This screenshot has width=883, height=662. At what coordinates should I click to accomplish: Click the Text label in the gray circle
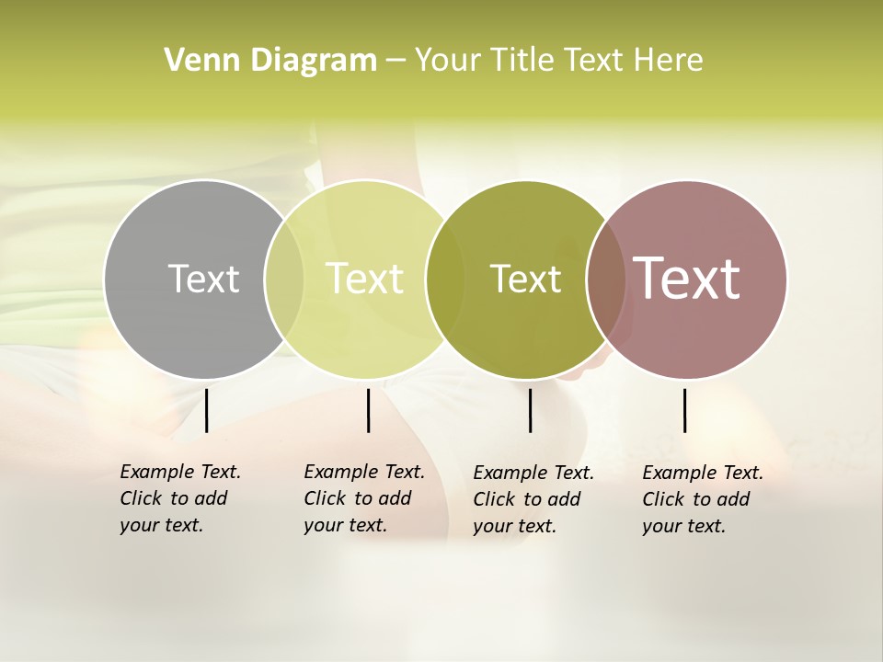click(203, 279)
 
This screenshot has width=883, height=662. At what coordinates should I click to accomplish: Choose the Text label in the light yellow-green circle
click(365, 279)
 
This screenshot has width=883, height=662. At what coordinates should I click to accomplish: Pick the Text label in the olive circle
click(525, 279)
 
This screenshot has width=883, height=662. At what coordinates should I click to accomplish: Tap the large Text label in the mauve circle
click(687, 279)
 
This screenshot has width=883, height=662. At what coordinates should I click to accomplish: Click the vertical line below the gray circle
click(206, 410)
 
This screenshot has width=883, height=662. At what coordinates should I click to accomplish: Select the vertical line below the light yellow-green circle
click(368, 410)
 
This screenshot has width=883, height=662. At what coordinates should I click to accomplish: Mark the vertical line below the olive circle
click(530, 410)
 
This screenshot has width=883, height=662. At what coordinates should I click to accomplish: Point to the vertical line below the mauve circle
click(684, 410)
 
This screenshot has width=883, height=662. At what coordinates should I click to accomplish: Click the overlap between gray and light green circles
click(284, 279)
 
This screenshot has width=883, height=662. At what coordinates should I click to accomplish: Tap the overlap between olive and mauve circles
click(606, 279)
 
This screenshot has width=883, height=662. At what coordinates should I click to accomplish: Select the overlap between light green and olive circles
click(445, 279)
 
